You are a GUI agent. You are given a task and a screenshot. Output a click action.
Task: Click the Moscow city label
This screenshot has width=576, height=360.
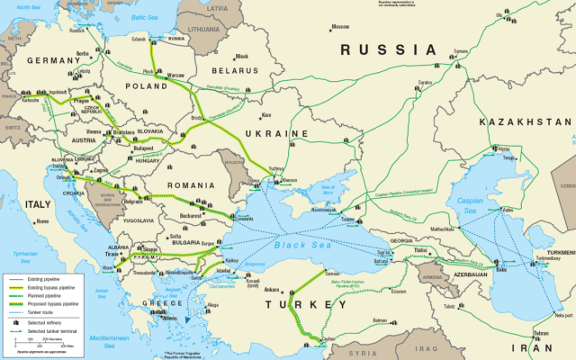click(341, 27)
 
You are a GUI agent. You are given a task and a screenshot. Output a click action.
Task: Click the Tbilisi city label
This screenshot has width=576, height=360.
click(419, 227)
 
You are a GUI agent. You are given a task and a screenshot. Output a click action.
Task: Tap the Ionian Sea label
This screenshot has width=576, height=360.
click(102, 292)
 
